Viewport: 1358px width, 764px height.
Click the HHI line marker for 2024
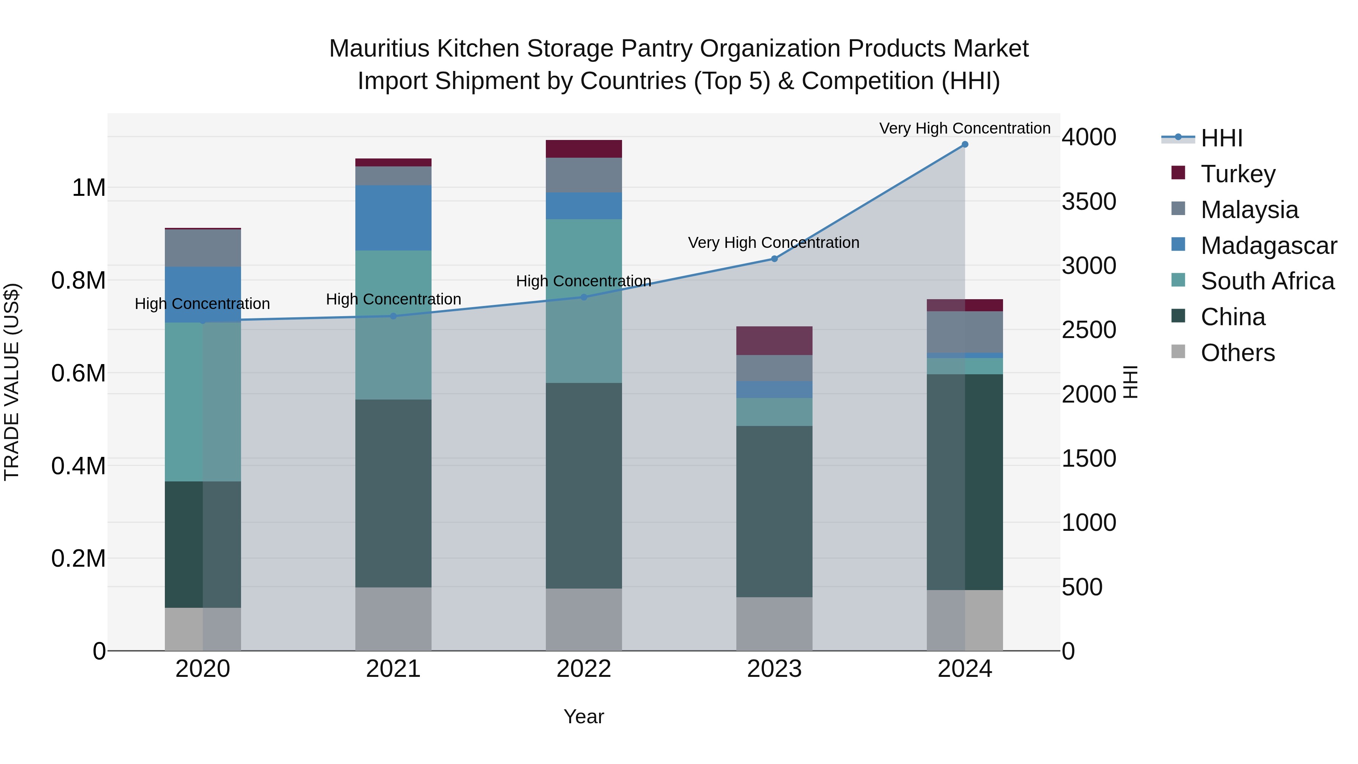965,144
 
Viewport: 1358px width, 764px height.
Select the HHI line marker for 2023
774,259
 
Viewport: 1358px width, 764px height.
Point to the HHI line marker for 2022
584,297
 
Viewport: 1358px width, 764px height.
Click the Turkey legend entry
1238,174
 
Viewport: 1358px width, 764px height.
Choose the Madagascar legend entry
1268,246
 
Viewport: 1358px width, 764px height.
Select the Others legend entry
1237,353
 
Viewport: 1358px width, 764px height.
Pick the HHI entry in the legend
1221,138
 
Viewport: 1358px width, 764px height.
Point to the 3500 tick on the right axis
1089,201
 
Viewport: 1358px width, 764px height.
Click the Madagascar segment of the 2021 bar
393,218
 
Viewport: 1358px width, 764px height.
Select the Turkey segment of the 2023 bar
774,341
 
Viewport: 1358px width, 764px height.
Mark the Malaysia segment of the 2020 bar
203,248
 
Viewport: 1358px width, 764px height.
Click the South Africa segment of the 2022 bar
584,301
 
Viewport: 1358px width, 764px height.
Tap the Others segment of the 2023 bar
774,624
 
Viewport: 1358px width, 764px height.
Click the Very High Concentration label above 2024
965,129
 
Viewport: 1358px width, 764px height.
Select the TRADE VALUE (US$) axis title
12,382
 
